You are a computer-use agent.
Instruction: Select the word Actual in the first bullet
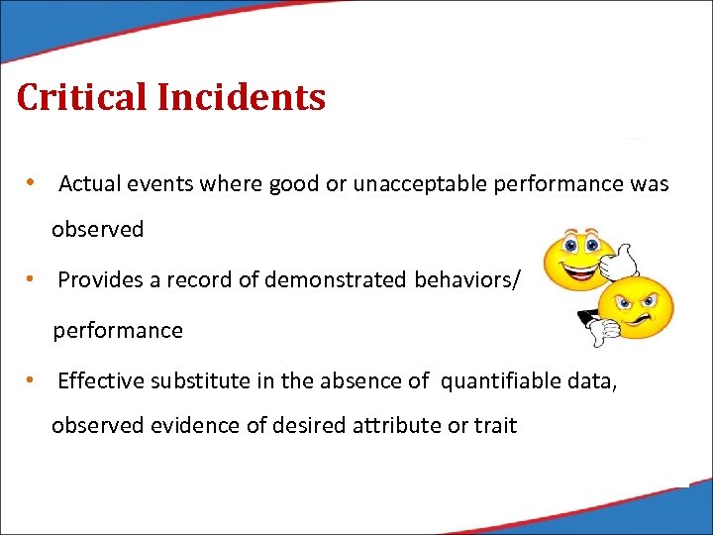click(x=86, y=184)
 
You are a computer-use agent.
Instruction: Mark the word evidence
click(x=191, y=426)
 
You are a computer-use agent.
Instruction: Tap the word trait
click(x=495, y=426)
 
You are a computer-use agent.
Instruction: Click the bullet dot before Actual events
click(x=33, y=184)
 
